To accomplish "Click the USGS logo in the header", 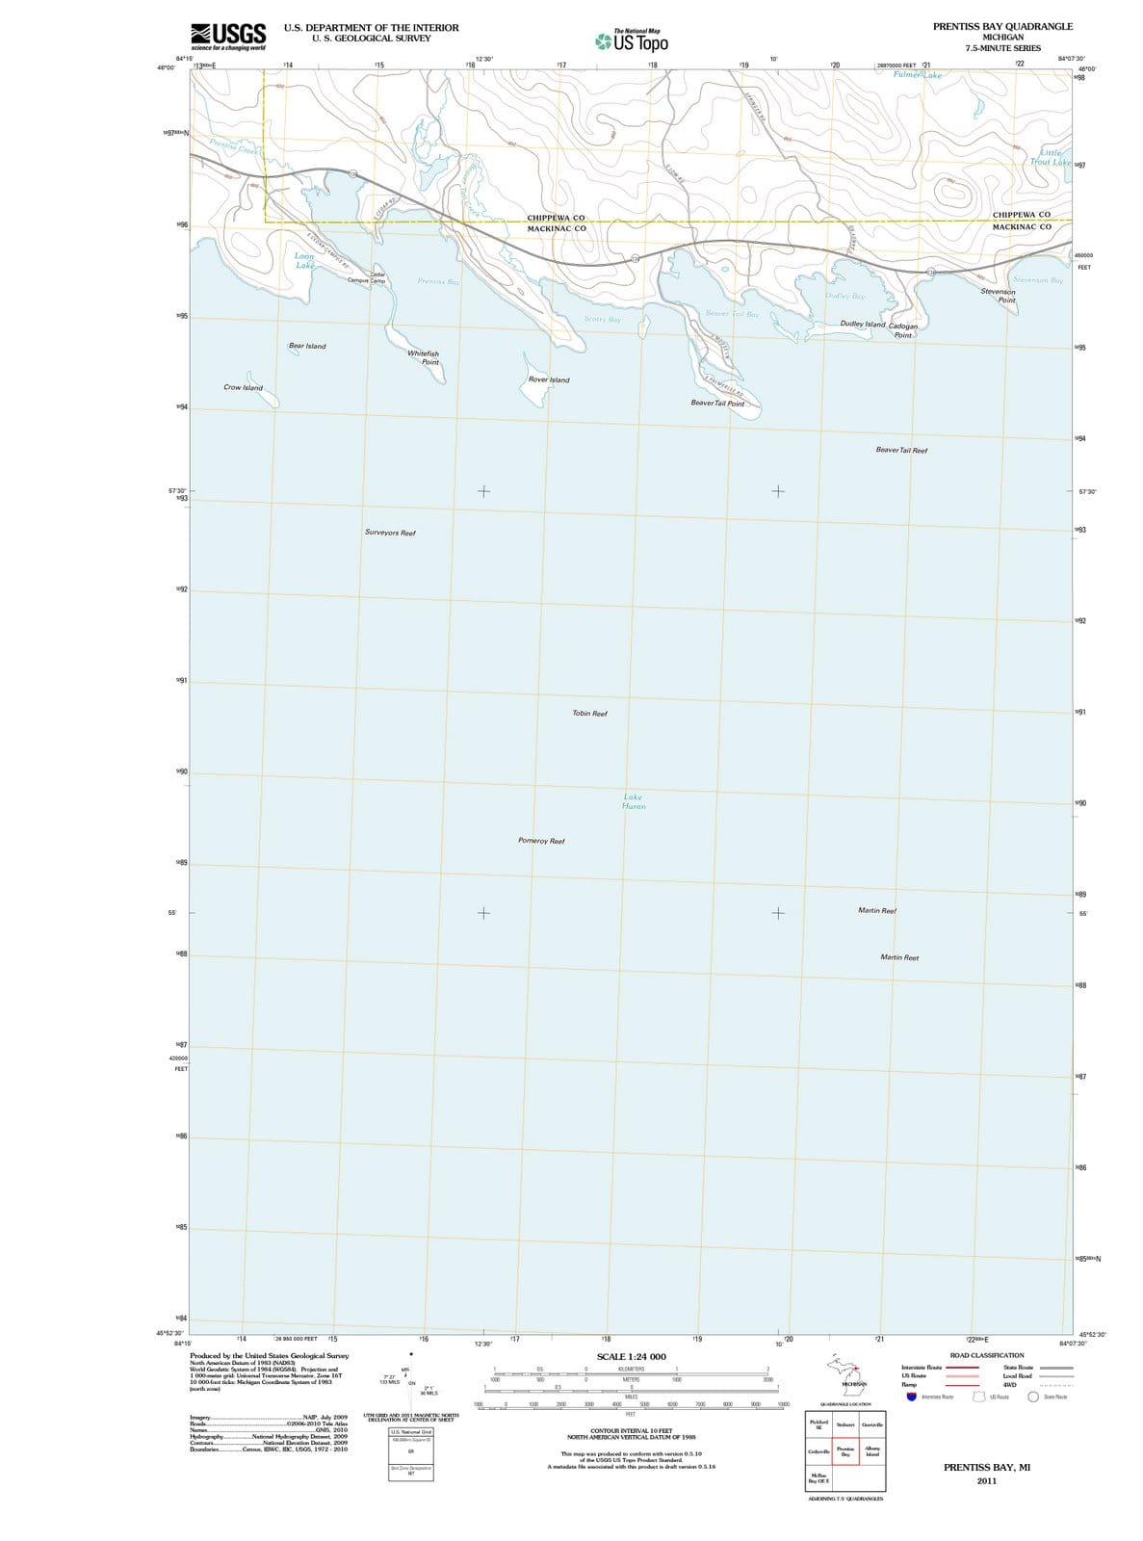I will pos(229,37).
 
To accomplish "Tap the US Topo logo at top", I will pos(632,41).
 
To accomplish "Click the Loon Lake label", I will pos(304,261).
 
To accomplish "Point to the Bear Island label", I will pos(307,346).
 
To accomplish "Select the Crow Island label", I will pos(243,387).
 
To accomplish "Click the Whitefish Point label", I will pos(424,358).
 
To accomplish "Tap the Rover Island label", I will pos(549,379).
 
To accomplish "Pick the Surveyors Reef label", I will pos(390,533).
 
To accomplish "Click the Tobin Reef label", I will pos(589,714).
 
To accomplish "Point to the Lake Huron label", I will pos(634,801).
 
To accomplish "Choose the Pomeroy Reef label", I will pos(541,841).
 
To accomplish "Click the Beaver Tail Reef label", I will pos(901,450).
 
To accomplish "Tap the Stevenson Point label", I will pos(998,295).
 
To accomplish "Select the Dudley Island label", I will pos(863,325).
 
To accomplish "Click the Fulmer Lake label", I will pos(917,74).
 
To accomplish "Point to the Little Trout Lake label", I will pos(1051,157).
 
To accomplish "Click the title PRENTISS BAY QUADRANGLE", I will pos(1002,26).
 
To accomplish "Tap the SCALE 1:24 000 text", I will pos(631,1356).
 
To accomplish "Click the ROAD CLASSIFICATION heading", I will pos(987,1355).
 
